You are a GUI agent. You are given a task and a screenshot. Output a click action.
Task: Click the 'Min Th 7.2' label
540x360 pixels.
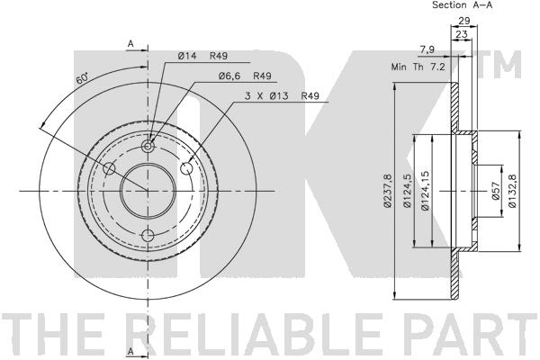point(417,67)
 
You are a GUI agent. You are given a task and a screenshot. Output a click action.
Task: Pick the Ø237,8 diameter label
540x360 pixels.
point(386,192)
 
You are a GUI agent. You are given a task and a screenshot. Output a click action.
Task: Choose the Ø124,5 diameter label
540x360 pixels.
point(408,192)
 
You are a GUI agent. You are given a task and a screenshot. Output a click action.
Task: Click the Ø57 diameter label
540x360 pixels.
point(494,192)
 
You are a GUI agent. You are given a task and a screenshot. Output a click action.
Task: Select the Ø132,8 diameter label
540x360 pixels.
point(511,192)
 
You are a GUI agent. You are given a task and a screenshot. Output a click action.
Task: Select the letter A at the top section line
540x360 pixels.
point(131,42)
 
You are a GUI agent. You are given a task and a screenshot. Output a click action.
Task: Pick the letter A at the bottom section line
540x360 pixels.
point(131,349)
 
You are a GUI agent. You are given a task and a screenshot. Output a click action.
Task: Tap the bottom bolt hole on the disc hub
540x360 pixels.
point(148,236)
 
